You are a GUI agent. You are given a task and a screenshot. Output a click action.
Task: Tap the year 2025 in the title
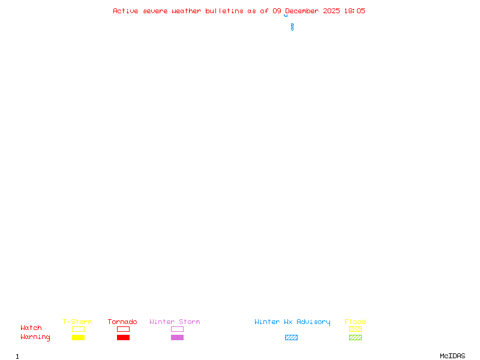click(332, 11)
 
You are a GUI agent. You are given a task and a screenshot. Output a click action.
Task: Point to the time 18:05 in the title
click(355, 11)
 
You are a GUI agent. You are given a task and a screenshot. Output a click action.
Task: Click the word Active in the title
click(125, 11)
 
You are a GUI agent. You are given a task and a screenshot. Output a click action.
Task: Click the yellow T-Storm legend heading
click(77, 322)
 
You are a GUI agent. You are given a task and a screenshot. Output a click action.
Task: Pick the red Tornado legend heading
click(122, 322)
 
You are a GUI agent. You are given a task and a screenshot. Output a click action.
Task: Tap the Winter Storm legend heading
click(175, 322)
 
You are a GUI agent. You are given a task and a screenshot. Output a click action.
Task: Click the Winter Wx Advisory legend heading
click(292, 322)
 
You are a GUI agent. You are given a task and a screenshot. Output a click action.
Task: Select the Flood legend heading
click(355, 322)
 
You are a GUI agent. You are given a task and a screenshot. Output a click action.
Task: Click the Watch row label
click(31, 328)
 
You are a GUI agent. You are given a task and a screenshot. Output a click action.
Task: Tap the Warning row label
click(35, 337)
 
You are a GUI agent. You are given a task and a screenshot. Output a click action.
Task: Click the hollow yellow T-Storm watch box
click(78, 329)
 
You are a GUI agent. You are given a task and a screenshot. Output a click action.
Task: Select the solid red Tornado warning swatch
click(123, 338)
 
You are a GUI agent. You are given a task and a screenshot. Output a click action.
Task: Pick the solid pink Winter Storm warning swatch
click(177, 338)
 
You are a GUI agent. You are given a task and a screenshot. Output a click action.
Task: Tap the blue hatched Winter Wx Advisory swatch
click(291, 338)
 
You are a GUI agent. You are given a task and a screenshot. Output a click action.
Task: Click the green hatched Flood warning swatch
click(355, 338)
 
